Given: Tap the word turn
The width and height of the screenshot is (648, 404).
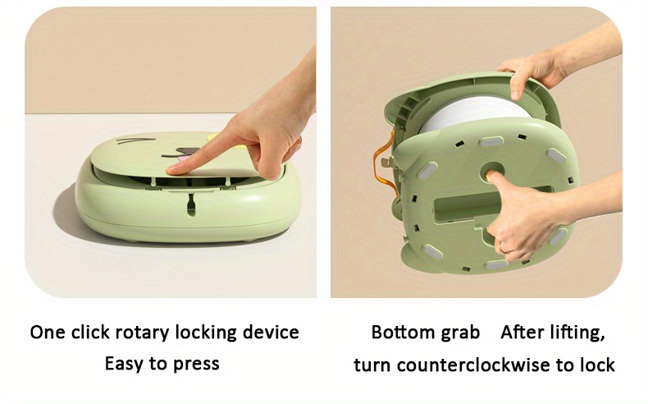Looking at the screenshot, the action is (x=372, y=365).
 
